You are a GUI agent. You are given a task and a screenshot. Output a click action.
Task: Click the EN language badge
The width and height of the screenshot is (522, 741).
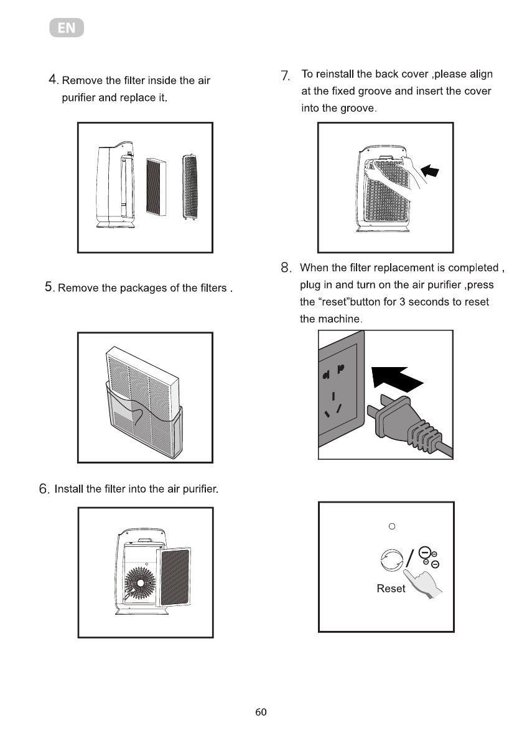(x=67, y=29)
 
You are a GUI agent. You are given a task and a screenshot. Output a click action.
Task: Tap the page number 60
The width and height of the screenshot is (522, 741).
(x=261, y=712)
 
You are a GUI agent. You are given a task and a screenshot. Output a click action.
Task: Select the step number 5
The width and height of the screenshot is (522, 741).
(x=49, y=287)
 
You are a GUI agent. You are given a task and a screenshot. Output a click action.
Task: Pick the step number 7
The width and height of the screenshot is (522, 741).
(x=286, y=75)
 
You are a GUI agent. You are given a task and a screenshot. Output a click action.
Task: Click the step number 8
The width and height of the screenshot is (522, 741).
(x=286, y=269)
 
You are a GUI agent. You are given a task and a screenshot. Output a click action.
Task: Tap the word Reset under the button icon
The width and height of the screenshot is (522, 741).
(x=391, y=589)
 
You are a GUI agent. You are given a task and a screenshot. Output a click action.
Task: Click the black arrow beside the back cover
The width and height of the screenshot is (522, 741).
(x=431, y=169)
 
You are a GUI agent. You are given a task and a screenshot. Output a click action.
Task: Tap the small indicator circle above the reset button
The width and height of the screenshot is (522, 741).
(x=391, y=527)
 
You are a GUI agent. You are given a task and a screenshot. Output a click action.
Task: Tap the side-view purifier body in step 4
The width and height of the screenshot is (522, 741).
(x=109, y=187)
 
